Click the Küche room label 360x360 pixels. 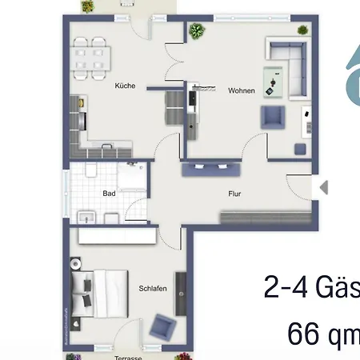124,86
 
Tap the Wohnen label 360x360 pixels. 241,90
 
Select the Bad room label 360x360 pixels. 110,193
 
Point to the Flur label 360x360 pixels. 234,193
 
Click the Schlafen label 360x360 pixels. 152,289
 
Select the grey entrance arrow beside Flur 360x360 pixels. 323,187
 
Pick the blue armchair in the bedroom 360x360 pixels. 164,326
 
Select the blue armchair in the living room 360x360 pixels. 272,118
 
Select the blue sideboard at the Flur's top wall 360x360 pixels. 210,170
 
